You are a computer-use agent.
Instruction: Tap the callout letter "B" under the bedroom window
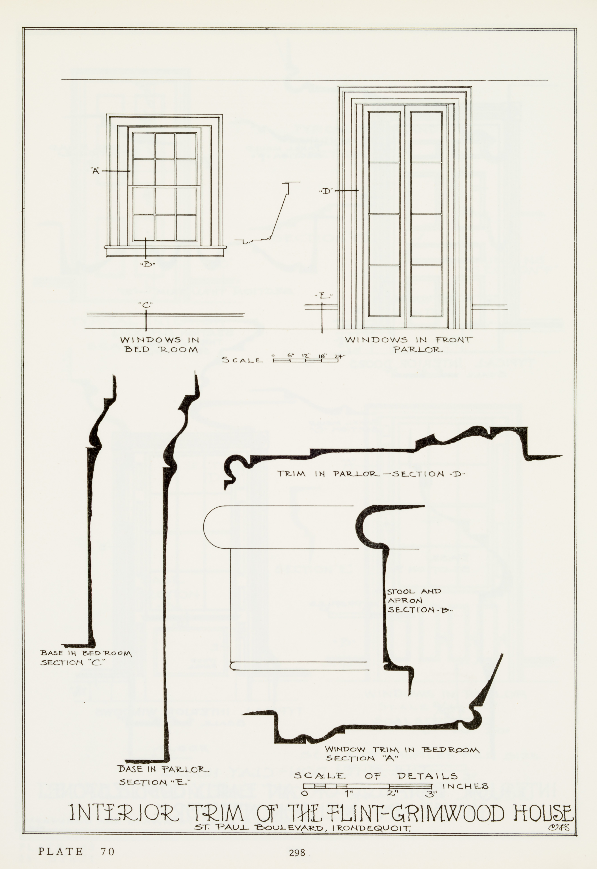tap(147, 264)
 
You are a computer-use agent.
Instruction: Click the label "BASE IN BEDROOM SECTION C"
tap(86, 657)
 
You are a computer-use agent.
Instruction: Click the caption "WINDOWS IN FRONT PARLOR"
tap(408, 344)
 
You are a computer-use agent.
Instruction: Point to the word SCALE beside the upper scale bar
tap(242, 360)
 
